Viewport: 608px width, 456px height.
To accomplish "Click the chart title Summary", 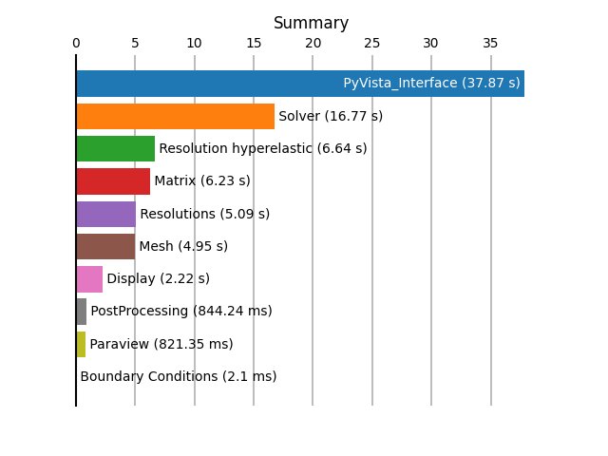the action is point(311,23).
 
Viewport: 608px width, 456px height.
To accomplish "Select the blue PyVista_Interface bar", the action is point(300,84).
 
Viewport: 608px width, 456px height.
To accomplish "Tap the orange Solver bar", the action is point(176,116).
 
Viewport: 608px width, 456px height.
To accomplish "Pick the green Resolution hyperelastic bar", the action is point(116,148).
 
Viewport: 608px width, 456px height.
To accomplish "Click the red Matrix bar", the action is point(113,181).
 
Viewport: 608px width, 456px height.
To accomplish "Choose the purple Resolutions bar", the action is point(106,214).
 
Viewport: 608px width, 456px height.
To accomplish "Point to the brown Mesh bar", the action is point(105,246).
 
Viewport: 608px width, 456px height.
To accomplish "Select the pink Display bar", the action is point(89,279).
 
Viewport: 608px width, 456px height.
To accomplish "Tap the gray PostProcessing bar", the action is point(82,312).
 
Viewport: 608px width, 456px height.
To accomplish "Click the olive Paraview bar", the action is point(81,344).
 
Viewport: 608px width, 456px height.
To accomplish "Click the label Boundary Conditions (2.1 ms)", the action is point(179,376).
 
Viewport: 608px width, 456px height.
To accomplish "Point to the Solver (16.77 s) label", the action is point(331,116).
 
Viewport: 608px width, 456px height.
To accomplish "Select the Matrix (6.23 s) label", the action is point(202,181).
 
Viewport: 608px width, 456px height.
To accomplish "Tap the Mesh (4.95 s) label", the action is point(183,246).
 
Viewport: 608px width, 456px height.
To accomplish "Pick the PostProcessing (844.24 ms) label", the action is point(181,312).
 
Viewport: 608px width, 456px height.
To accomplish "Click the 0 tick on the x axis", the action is point(76,43).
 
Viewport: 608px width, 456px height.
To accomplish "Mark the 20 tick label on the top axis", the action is point(313,43).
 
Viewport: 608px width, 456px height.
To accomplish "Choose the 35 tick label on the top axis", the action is point(490,43).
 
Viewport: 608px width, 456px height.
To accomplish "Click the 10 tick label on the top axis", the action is point(194,43).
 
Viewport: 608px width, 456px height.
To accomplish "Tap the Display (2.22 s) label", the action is point(159,279).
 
